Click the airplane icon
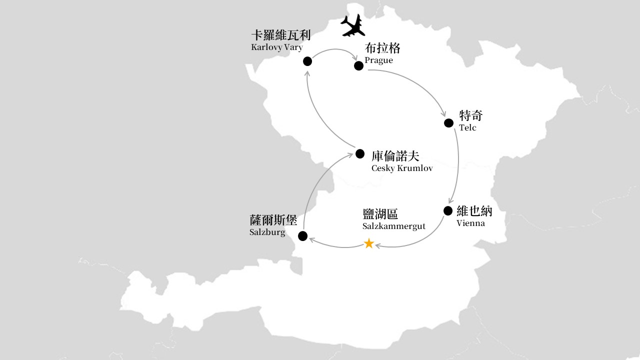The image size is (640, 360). click(x=353, y=25)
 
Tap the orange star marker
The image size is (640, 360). click(x=369, y=243)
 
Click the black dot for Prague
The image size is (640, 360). click(x=358, y=65)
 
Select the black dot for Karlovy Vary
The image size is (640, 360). click(x=307, y=61)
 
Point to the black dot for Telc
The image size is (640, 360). click(x=449, y=123)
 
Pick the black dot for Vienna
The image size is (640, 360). click(x=448, y=211)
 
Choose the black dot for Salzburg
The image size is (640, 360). click(x=302, y=236)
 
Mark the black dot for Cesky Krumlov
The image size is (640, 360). click(x=360, y=153)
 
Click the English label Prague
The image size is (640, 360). click(x=378, y=60)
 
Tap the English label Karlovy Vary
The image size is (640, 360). click(x=277, y=47)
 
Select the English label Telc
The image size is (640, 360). click(x=467, y=127)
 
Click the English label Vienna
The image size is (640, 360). click(x=470, y=223)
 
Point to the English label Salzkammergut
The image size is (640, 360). click(x=394, y=226)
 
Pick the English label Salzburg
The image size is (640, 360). click(x=267, y=232)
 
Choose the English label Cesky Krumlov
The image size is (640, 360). click(x=402, y=168)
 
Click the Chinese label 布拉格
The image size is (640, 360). click(x=382, y=48)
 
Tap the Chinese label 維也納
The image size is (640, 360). click(x=474, y=211)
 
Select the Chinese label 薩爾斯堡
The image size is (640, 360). click(x=273, y=220)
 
